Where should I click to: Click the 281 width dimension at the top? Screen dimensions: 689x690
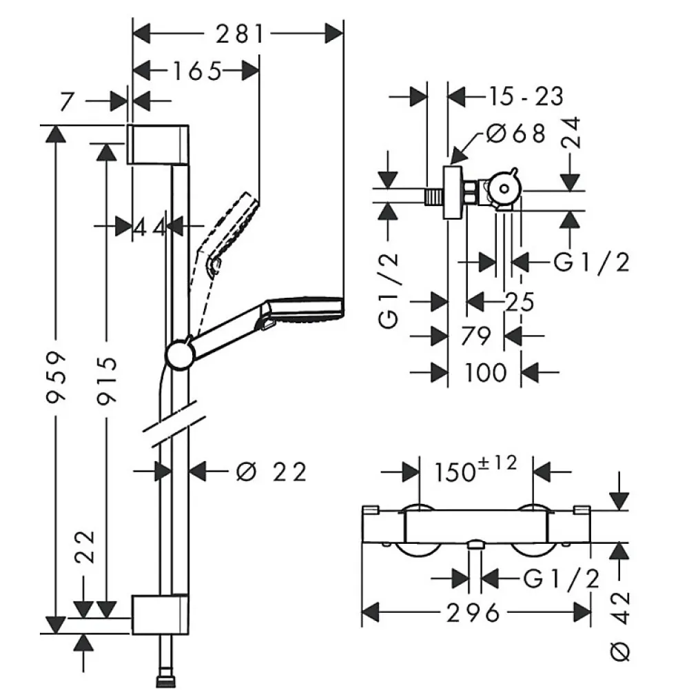click(240, 34)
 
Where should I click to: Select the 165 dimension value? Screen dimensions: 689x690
click(196, 71)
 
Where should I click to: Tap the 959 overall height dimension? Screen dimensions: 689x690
click(56, 376)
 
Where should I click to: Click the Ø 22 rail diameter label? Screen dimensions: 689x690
click(271, 472)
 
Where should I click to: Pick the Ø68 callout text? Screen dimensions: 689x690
click(516, 133)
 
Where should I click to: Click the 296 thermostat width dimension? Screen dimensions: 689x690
click(473, 613)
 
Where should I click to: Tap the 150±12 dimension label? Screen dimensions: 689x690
click(475, 469)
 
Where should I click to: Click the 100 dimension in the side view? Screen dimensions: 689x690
click(485, 373)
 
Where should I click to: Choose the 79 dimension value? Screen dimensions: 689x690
click(475, 336)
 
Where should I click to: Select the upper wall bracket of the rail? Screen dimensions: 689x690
click(158, 144)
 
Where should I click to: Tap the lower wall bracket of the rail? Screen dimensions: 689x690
click(160, 615)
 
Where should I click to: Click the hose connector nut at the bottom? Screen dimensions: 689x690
click(166, 682)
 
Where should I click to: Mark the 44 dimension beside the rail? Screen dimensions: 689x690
click(149, 227)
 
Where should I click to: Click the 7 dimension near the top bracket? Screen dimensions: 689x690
click(66, 101)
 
